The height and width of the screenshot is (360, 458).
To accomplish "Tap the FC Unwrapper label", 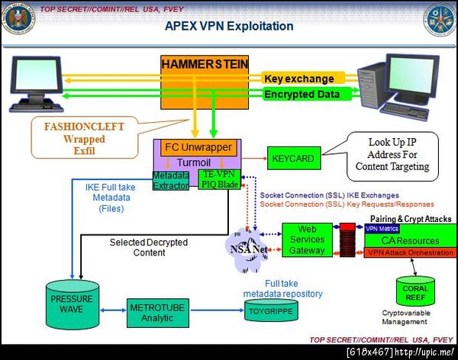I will click(x=197, y=146).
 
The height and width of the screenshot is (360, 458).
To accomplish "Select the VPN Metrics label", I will click(x=382, y=228).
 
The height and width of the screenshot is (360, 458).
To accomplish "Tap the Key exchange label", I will click(x=298, y=79).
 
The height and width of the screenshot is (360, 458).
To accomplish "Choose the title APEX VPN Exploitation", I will click(x=229, y=26).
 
